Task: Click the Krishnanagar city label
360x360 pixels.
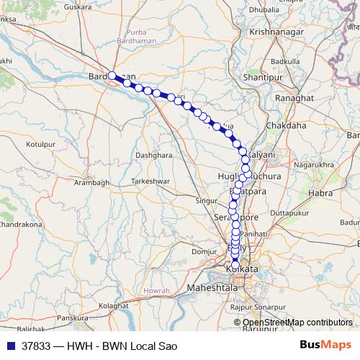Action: pos(277,32)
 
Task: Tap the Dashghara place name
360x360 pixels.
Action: pos(155,155)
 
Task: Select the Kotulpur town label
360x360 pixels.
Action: pos(41,145)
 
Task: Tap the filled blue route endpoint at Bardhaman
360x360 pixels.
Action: pos(112,76)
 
